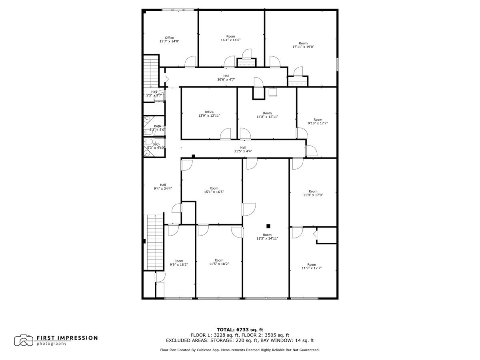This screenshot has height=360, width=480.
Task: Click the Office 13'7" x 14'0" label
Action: click(x=169, y=40)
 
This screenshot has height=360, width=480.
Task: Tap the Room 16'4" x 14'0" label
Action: click(x=230, y=38)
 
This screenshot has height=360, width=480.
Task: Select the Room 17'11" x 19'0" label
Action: click(x=303, y=45)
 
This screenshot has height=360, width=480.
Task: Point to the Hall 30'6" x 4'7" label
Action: click(x=226, y=78)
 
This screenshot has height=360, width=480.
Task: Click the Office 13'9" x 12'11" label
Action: click(x=209, y=114)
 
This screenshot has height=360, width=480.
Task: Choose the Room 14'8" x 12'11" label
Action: click(x=267, y=115)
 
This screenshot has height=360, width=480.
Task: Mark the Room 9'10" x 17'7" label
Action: click(x=318, y=122)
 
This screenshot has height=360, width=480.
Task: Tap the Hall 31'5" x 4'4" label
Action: click(x=243, y=149)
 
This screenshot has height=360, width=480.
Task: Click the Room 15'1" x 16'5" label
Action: click(x=214, y=190)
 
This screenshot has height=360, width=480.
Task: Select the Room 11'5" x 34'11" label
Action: click(x=267, y=237)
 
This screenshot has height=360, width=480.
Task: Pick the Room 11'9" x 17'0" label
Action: click(x=313, y=193)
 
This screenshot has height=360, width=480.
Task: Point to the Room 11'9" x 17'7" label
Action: click(x=312, y=266)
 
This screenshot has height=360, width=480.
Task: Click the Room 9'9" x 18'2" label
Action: click(x=179, y=263)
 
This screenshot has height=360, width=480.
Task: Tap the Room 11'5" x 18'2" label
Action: click(x=219, y=262)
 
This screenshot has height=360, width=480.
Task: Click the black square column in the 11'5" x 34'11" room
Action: click(x=269, y=226)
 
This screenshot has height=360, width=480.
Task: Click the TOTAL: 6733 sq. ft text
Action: click(x=240, y=330)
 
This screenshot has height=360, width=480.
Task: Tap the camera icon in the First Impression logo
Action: click(x=24, y=340)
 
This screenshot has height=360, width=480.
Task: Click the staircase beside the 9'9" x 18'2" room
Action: click(x=154, y=242)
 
